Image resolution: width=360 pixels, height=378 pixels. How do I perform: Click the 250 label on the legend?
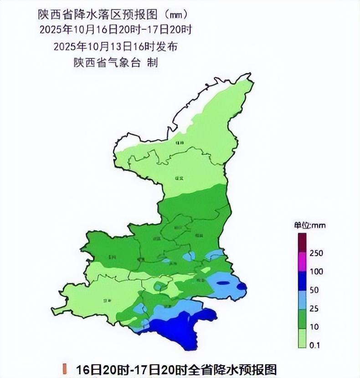[316, 254]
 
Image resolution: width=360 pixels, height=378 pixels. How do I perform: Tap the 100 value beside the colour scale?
[316, 272]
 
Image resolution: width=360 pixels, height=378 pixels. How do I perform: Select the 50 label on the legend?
[314, 290]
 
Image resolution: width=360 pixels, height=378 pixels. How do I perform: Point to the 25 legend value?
[314, 309]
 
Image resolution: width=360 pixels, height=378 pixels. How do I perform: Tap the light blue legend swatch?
[301, 300]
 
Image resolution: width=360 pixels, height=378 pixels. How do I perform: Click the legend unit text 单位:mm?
[309, 225]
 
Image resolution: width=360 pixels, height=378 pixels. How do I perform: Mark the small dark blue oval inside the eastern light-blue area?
[223, 283]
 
